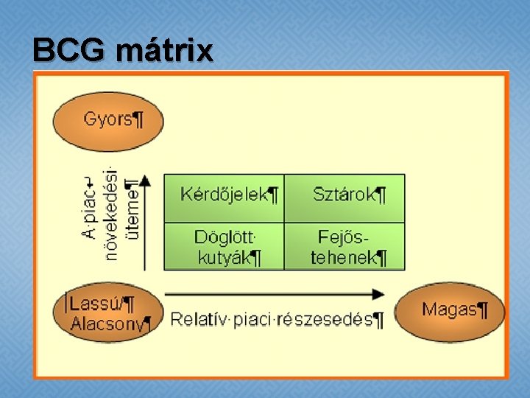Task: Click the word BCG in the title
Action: click(69, 51)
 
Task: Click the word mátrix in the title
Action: click(164, 51)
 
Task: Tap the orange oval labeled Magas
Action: click(451, 310)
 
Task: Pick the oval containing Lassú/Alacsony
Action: click(108, 313)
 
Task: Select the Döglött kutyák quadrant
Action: click(224, 246)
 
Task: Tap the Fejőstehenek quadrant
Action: click(345, 246)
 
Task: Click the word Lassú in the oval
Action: click(93, 303)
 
